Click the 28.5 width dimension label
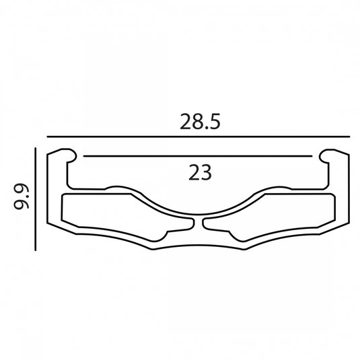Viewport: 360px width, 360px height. click(200, 121)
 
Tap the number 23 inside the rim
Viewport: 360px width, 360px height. click(200, 172)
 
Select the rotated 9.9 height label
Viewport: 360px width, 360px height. click(22, 196)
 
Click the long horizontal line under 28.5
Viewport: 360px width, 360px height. click(199, 137)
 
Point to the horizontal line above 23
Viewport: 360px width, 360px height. click(198, 156)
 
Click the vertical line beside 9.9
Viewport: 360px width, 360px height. click(36, 199)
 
